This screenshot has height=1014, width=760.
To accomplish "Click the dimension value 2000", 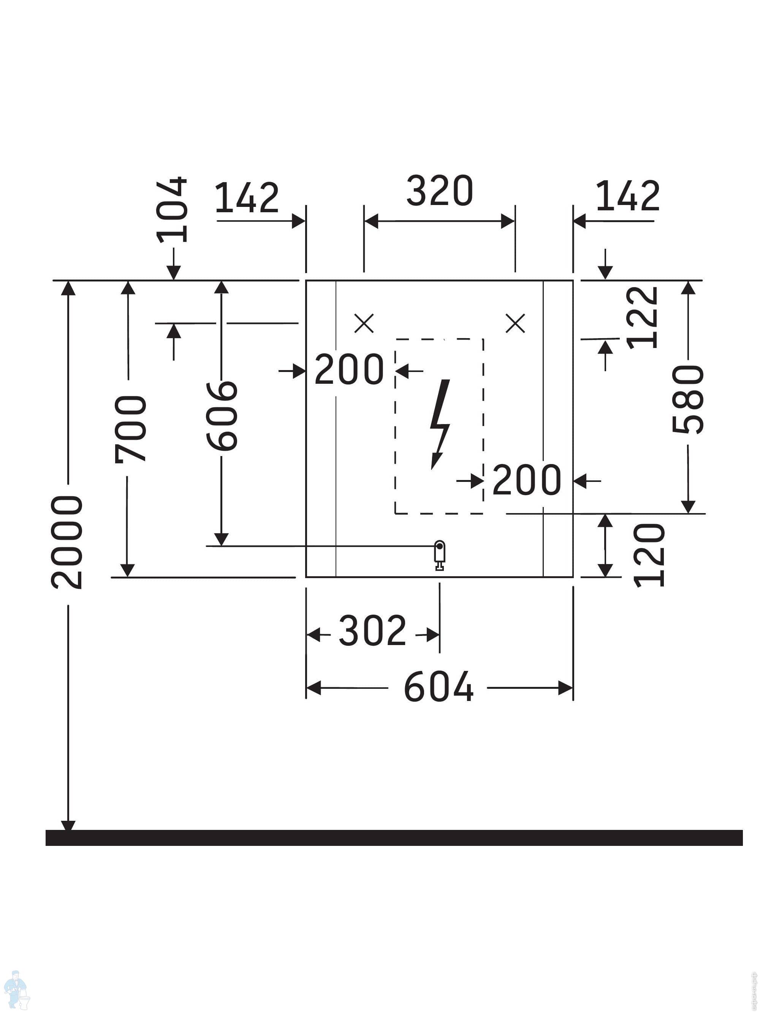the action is [x=67, y=542].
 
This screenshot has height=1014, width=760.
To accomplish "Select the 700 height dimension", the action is [x=131, y=429].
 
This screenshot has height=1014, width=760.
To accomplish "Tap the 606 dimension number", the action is [x=222, y=416].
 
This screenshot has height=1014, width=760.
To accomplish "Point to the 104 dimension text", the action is [x=172, y=210].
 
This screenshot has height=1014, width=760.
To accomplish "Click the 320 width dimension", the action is [x=440, y=191].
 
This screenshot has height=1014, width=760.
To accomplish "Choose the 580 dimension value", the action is [x=688, y=399].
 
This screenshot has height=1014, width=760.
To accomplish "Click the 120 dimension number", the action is [x=649, y=555].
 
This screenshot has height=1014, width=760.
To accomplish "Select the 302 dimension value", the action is [x=372, y=631].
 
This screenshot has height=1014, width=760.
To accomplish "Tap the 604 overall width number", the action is [x=439, y=687].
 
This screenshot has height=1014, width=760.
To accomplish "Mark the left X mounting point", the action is [x=364, y=323].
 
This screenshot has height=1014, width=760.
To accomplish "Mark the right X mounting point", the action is [x=515, y=323].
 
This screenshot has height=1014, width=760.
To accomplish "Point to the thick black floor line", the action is [x=394, y=838].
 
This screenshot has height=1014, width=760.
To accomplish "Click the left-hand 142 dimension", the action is [x=247, y=197].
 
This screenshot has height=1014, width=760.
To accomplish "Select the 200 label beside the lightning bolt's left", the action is [x=349, y=369].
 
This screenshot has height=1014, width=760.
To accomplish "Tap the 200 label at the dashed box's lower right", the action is [x=527, y=480].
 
